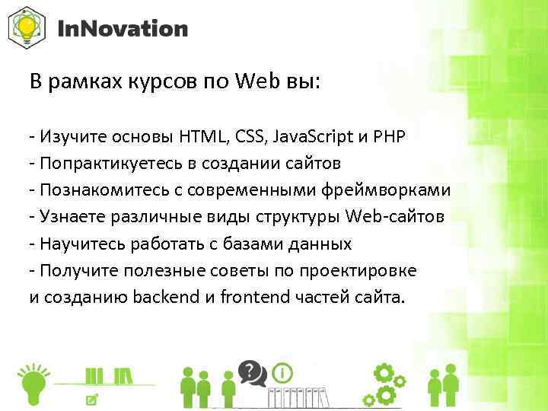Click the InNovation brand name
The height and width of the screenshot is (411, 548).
(x=123, y=30)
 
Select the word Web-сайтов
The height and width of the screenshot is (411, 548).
(x=395, y=217)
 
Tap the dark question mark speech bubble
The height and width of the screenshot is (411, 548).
(x=249, y=371)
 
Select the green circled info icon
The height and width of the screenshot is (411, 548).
(x=283, y=374)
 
